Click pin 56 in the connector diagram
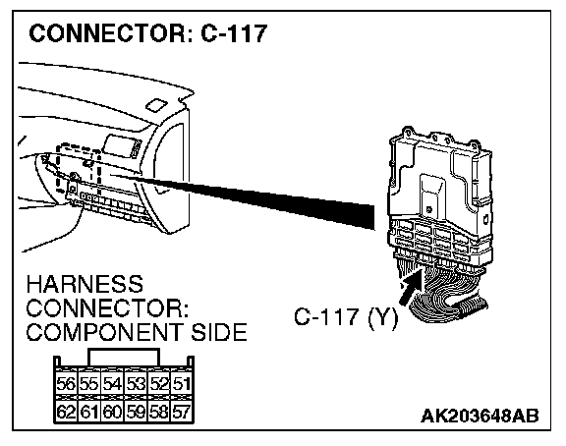tap(66, 383)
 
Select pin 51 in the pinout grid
tap(182, 383)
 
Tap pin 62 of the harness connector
tap(66, 412)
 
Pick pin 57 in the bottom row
tap(182, 412)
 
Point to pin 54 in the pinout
tap(112, 383)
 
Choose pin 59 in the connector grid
tap(136, 412)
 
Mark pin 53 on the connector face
tap(136, 383)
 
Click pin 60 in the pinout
tap(112, 412)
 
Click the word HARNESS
tap(85, 284)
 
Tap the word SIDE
tap(219, 332)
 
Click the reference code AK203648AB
tap(480, 416)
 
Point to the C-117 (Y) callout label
tap(346, 317)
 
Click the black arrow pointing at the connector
tap(411, 287)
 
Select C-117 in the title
tap(234, 33)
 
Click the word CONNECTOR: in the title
tap(112, 33)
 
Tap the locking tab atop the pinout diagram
tap(124, 358)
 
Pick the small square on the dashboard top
tap(157, 105)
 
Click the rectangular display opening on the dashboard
tap(119, 145)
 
